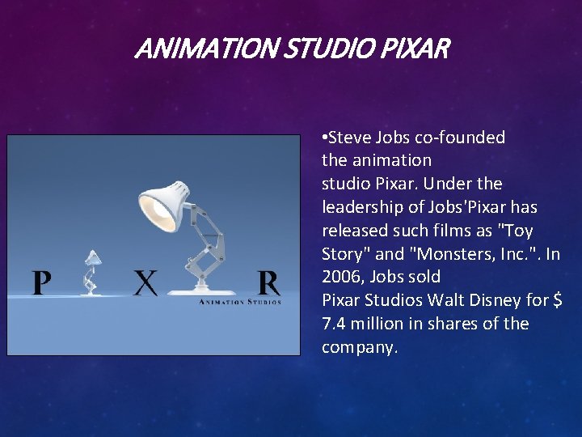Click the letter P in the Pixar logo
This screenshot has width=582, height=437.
click(x=42, y=283)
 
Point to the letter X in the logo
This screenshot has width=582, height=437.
click(x=145, y=283)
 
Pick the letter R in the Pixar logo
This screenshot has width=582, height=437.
click(x=268, y=283)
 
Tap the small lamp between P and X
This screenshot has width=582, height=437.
click(x=91, y=272)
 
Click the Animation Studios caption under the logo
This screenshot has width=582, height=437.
click(x=240, y=302)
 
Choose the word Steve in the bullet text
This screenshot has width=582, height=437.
click(x=351, y=138)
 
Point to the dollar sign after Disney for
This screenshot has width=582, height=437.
click(x=557, y=300)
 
